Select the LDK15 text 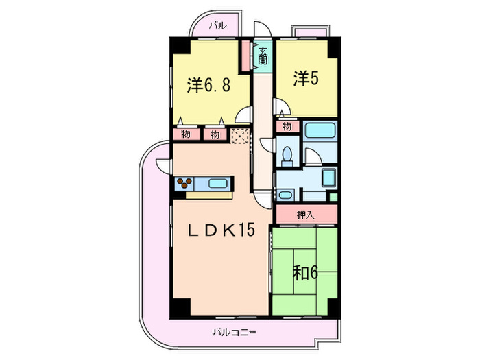[x=221, y=230]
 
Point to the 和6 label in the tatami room [x=307, y=272]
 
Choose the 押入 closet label [x=306, y=215]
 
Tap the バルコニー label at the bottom [x=233, y=333]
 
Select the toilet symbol [x=288, y=154]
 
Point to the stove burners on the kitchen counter [x=186, y=183]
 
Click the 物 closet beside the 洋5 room [x=287, y=126]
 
